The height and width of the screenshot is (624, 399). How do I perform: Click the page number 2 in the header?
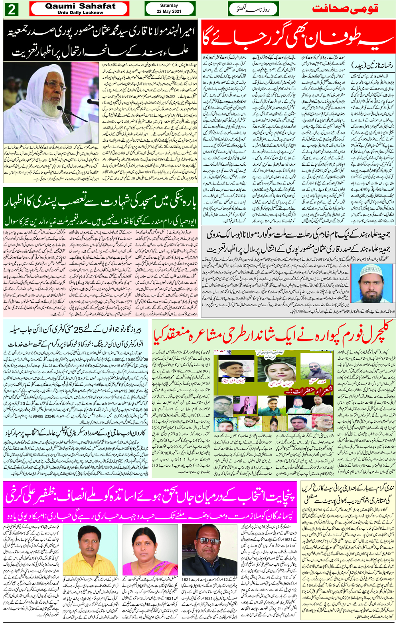pyautogui.click(x=12, y=9)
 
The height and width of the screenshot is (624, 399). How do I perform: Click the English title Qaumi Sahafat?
pyautogui.click(x=80, y=6)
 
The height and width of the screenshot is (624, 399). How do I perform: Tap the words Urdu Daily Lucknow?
pyautogui.click(x=80, y=12)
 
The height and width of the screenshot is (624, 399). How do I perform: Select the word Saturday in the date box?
pyautogui.click(x=169, y=6)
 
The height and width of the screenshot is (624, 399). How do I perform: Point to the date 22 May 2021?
pyautogui.click(x=169, y=12)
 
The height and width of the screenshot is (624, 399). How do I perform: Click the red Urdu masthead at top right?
pyautogui.click(x=345, y=9)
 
